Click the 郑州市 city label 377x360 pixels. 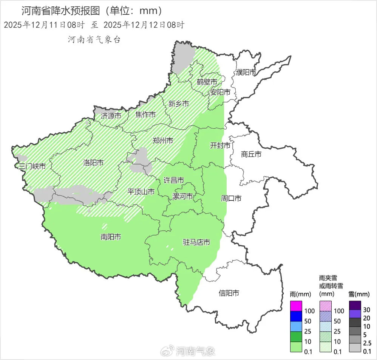tap(163, 141)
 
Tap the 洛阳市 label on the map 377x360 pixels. tap(93, 163)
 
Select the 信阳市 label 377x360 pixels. tap(229, 293)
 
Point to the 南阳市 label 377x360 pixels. tap(111, 237)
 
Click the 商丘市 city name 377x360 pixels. tap(251, 154)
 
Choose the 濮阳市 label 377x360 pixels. tap(246, 72)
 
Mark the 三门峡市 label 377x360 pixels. tap(32, 166)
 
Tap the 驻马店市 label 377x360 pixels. tap(196, 242)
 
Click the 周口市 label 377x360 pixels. tap(231, 198)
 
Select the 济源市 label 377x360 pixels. tap(111, 116)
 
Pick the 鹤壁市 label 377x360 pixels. tap(207, 82)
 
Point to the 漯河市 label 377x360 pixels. tap(182, 196)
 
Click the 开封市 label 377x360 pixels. tap(220, 146)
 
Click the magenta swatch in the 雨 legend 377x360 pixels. tap(296, 306)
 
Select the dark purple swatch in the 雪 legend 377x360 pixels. tap(355, 305)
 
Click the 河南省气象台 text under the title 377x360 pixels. tap(94, 39)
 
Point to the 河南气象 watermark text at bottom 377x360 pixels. tap(196, 351)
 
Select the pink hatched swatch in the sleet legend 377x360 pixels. tap(326, 306)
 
